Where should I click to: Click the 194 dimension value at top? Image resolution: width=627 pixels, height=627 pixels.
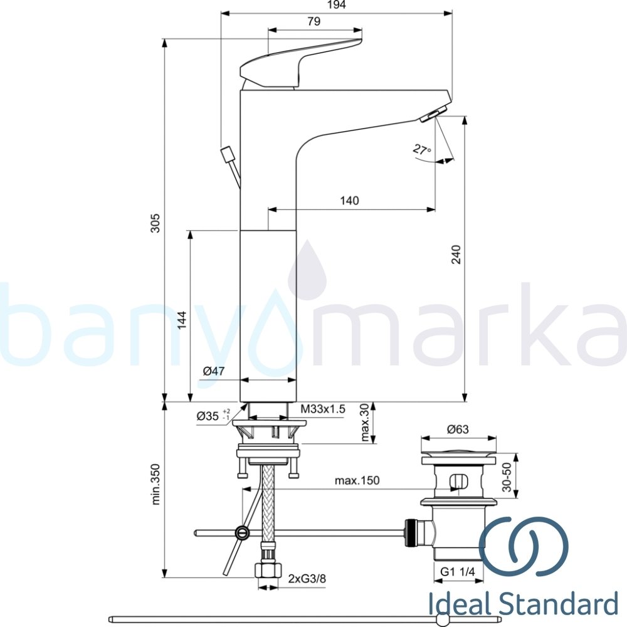click(x=336, y=5)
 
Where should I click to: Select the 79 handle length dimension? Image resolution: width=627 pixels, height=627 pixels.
click(x=314, y=21)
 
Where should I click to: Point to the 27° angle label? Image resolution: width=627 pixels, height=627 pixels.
click(x=422, y=150)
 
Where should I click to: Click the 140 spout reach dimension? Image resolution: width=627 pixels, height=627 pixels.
click(x=349, y=201)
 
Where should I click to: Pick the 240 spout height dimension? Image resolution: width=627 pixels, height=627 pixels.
click(x=456, y=254)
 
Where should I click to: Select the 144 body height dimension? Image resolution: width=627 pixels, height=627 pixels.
click(x=181, y=320)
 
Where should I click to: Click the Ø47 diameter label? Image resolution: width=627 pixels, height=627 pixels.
click(x=214, y=372)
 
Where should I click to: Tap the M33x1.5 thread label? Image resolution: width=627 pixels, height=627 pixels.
click(x=322, y=409)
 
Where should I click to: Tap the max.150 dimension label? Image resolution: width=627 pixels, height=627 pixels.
click(x=357, y=481)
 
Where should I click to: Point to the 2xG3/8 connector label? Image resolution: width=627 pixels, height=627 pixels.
click(x=307, y=579)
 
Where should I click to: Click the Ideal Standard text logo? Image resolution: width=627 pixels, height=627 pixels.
click(x=524, y=606)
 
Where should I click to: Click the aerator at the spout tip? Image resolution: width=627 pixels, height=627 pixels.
click(x=433, y=113)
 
